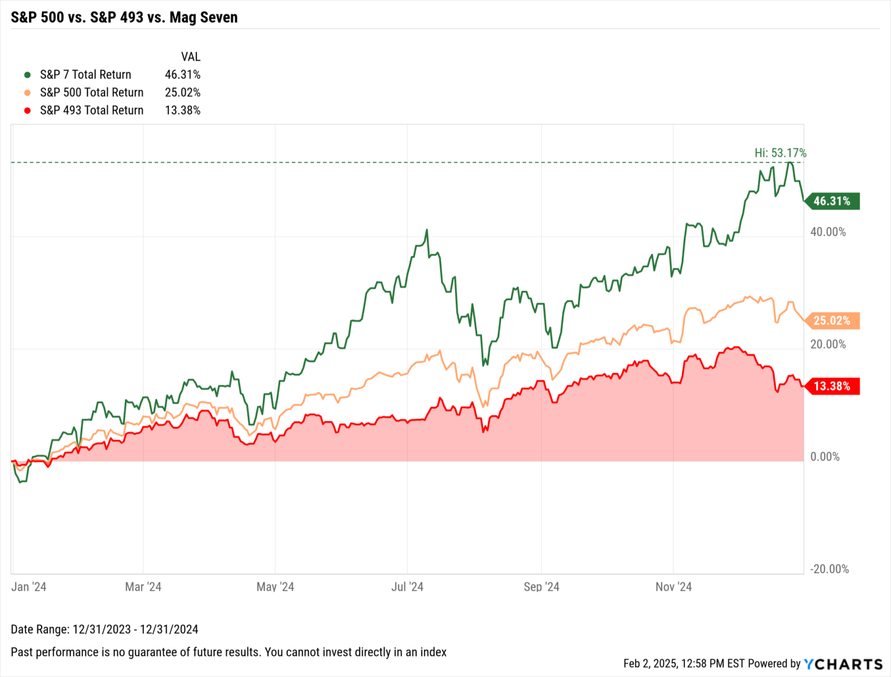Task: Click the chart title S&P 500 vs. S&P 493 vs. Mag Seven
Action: coord(124,17)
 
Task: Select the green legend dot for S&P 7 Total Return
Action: coord(27,75)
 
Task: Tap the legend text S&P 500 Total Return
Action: coord(92,92)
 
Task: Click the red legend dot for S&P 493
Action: coord(27,110)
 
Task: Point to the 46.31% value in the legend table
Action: coord(182,75)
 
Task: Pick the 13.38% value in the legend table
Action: coord(182,110)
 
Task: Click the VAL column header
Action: coord(190,57)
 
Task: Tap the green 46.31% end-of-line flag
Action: coord(832,201)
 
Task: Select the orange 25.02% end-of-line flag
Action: coord(832,321)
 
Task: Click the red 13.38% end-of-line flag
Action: coord(832,386)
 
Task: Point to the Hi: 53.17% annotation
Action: coord(780,153)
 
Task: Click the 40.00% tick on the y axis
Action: coord(828,232)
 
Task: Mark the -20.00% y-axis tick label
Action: coord(829,569)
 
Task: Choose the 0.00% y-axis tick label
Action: coord(825,457)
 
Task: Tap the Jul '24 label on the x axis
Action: coord(407,587)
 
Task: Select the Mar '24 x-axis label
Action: coord(143,587)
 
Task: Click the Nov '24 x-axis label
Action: coord(673,587)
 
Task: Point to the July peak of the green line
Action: coord(427,231)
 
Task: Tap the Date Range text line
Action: coord(104,629)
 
